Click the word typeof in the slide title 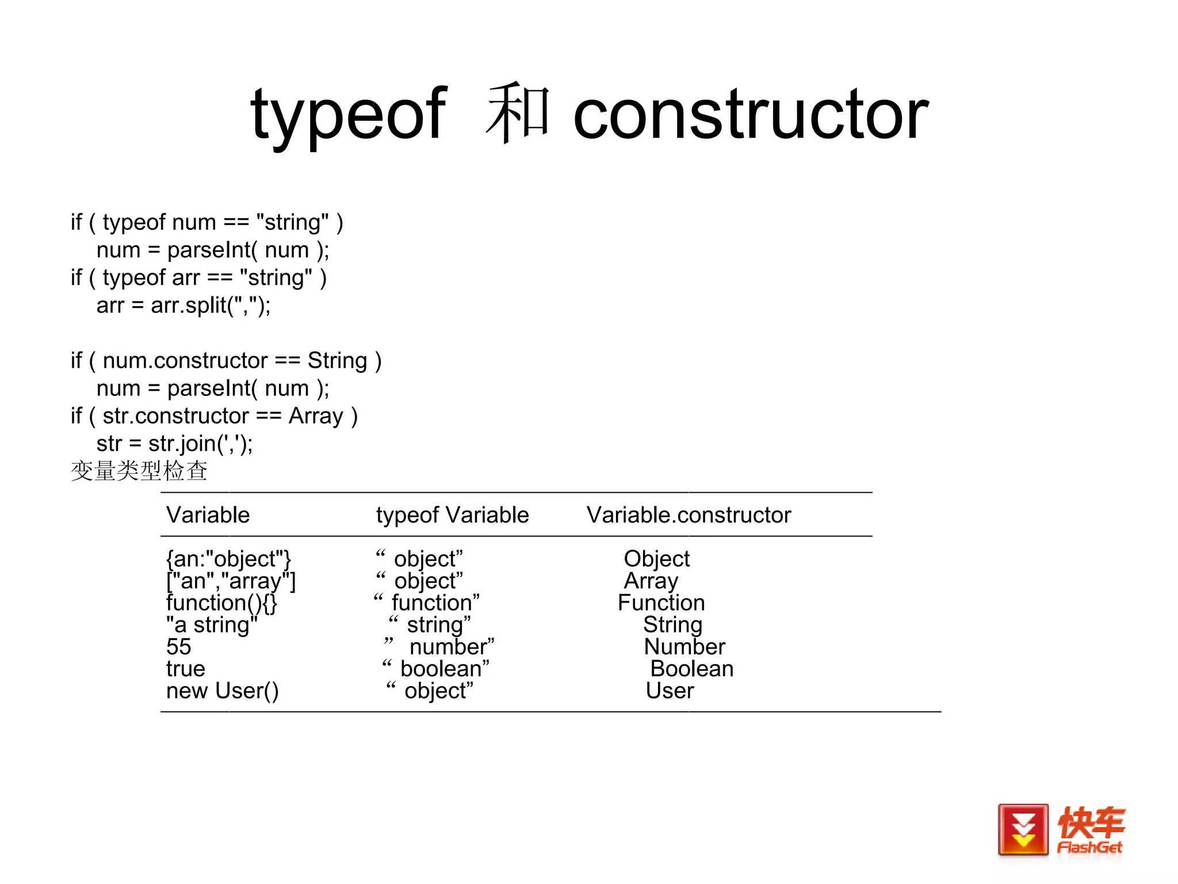click(348, 115)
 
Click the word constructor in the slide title click(751, 115)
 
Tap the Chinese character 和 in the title click(518, 113)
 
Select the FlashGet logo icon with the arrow click(1023, 830)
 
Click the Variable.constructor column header click(689, 515)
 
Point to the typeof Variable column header click(452, 515)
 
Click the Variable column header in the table click(208, 515)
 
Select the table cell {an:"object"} click(228, 559)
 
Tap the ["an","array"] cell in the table click(231, 581)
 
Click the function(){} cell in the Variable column click(221, 603)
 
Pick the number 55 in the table click(178, 647)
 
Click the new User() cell click(222, 691)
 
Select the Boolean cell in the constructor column click(691, 669)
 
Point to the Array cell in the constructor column click(651, 581)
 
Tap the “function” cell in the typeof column click(427, 603)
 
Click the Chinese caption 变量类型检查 click(139, 471)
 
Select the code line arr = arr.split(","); click(183, 305)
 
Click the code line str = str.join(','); click(174, 444)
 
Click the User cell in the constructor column click(670, 691)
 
